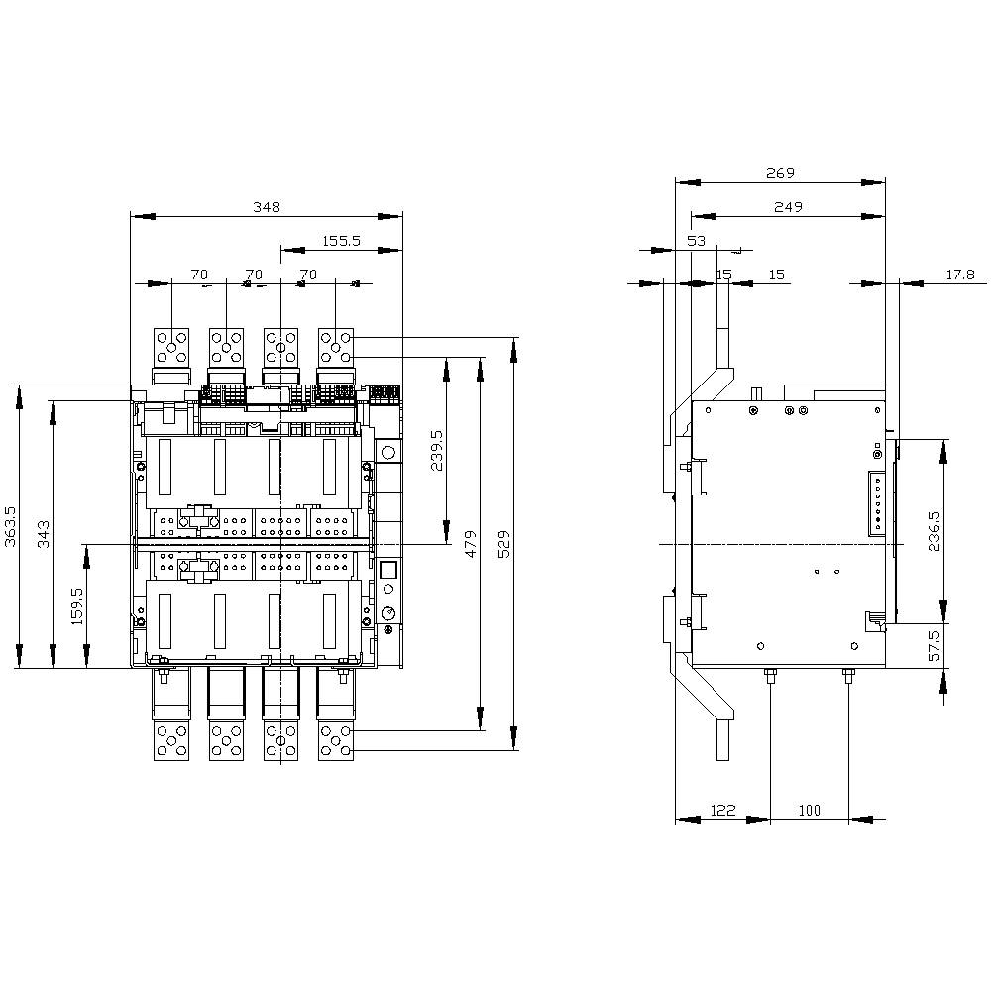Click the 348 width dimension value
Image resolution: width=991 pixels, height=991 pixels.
click(x=266, y=207)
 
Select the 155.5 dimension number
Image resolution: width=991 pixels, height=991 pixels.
click(x=341, y=241)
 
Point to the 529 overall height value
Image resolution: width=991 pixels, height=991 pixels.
click(x=503, y=544)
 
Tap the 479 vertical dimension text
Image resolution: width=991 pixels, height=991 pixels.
click(x=470, y=544)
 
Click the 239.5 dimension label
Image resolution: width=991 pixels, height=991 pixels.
click(x=437, y=451)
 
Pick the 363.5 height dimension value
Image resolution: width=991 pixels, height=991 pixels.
click(x=11, y=526)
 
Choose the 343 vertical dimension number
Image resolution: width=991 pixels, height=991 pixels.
click(x=44, y=534)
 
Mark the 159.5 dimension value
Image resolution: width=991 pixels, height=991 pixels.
click(x=77, y=606)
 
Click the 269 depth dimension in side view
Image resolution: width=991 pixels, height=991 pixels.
click(x=780, y=173)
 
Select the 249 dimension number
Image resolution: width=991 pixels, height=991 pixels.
click(x=788, y=207)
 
